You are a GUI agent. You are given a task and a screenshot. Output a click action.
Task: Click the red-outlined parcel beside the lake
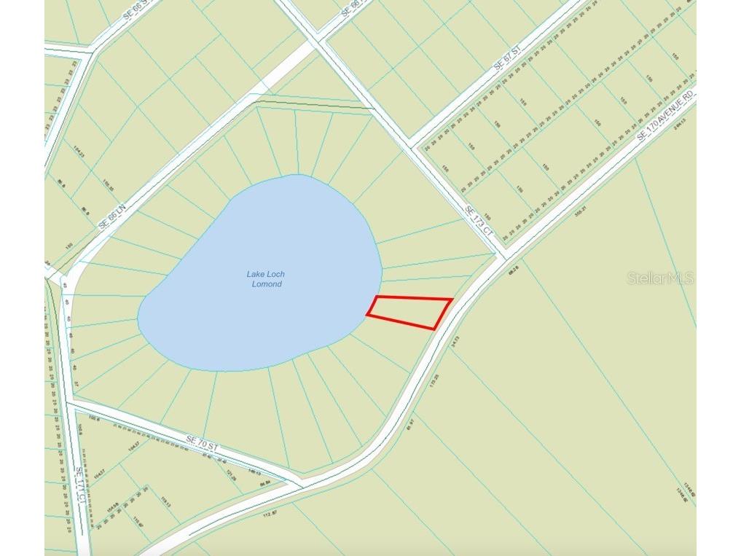coord(411,311)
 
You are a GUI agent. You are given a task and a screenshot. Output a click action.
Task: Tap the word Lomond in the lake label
coord(265,284)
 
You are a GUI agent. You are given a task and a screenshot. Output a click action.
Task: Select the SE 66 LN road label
coord(112,217)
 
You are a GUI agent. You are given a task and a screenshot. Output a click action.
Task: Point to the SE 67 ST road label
coord(508,58)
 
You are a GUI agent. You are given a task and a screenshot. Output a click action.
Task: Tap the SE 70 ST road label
coord(202,441)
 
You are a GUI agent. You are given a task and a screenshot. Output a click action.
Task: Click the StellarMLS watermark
coord(659,278)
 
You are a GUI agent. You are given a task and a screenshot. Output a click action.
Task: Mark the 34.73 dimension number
coord(455,340)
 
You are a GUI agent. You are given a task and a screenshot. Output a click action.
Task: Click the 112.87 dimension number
coord(270,514)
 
